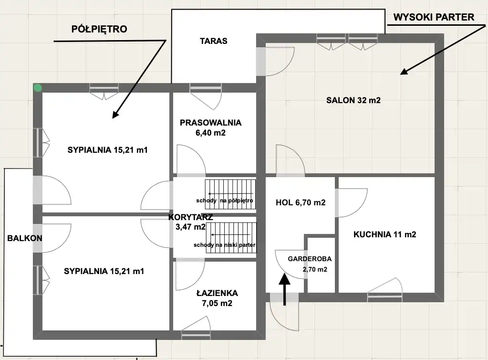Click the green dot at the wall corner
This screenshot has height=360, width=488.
pos(38,88)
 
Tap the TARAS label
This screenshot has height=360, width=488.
pos(214,41)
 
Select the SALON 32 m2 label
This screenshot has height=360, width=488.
pos(353,100)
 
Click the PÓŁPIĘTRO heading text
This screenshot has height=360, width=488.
pos(99,29)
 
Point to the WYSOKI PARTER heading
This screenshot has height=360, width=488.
pos(434,17)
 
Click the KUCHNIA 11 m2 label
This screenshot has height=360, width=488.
pos(384,234)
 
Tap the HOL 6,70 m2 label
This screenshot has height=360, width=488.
pos(301,203)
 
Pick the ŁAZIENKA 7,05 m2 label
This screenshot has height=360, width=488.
pos(217,298)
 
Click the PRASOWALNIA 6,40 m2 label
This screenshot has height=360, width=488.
pos(211,127)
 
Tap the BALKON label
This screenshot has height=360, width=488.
pos(25,238)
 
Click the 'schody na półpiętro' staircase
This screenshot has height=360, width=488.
pos(230,194)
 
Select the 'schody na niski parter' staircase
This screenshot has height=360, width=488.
pos(231,238)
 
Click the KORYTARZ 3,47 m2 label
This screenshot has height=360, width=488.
pos(190,222)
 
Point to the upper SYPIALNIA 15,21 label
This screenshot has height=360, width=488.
pos(107,150)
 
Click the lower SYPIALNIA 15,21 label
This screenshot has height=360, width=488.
pos(104,271)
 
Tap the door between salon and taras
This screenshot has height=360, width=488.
pos(275,61)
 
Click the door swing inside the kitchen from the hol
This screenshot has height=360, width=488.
pos(352,203)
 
